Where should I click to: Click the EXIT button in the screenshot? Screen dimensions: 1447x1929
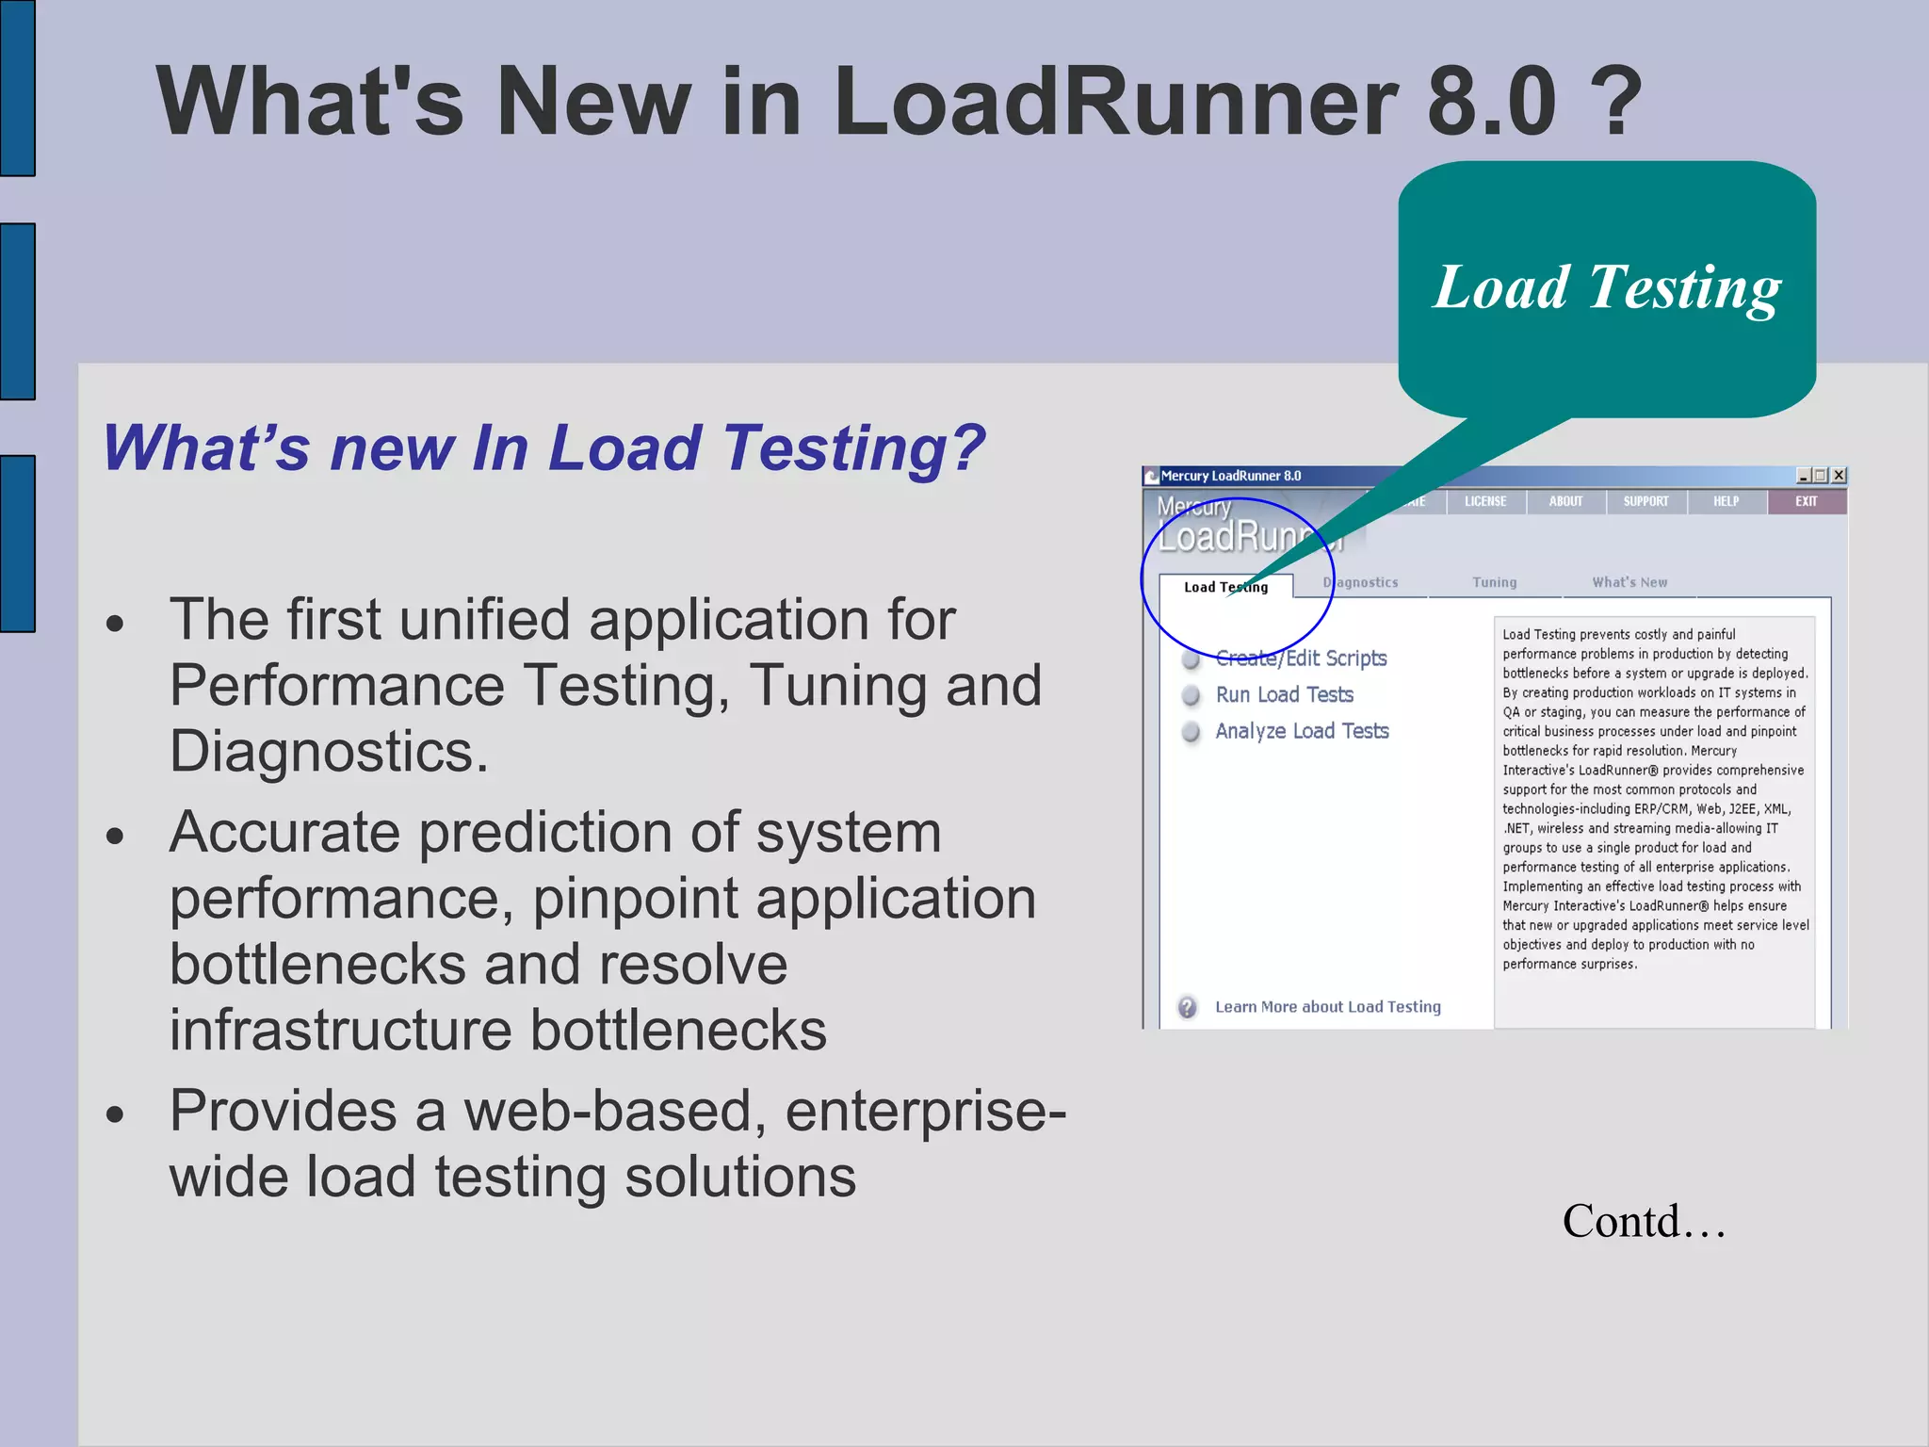click(x=1806, y=501)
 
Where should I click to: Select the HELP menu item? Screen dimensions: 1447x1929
click(x=1726, y=501)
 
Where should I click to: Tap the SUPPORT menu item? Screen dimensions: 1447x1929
click(x=1645, y=501)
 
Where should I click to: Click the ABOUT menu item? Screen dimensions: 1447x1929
click(x=1565, y=501)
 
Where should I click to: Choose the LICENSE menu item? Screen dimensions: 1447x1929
click(x=1485, y=501)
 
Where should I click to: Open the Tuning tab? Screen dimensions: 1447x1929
click(x=1495, y=582)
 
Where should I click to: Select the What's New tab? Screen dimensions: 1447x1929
click(x=1629, y=582)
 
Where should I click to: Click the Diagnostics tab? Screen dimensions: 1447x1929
click(x=1362, y=582)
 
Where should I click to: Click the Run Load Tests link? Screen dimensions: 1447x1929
click(x=1284, y=695)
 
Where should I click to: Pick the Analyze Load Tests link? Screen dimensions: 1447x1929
click(x=1302, y=731)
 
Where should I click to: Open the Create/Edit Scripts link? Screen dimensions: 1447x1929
click(x=1301, y=658)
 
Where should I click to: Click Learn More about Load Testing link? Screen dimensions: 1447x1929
click(x=1327, y=1007)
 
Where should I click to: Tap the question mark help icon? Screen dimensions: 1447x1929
click(x=1188, y=1007)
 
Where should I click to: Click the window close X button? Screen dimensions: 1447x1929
click(x=1839, y=476)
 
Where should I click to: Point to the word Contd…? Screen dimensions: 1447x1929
click(x=1644, y=1221)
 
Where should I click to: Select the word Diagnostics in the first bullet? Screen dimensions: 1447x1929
click(x=329, y=752)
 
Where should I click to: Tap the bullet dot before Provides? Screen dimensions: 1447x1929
click(x=115, y=1115)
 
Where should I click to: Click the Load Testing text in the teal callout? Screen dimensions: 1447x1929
click(x=1607, y=287)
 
